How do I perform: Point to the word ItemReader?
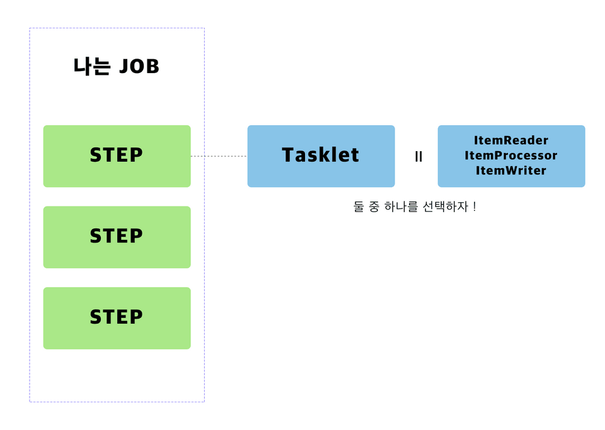click(511, 140)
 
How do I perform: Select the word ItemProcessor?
click(511, 156)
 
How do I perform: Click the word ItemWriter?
click(511, 171)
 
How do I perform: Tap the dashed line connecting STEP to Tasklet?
click(219, 156)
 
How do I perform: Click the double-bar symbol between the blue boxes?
click(418, 157)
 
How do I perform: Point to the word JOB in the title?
click(139, 66)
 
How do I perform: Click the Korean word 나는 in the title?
click(92, 66)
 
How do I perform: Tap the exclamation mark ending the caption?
click(473, 207)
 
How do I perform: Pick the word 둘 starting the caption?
click(359, 207)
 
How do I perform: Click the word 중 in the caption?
click(375, 207)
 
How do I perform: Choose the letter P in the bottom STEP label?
click(136, 317)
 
